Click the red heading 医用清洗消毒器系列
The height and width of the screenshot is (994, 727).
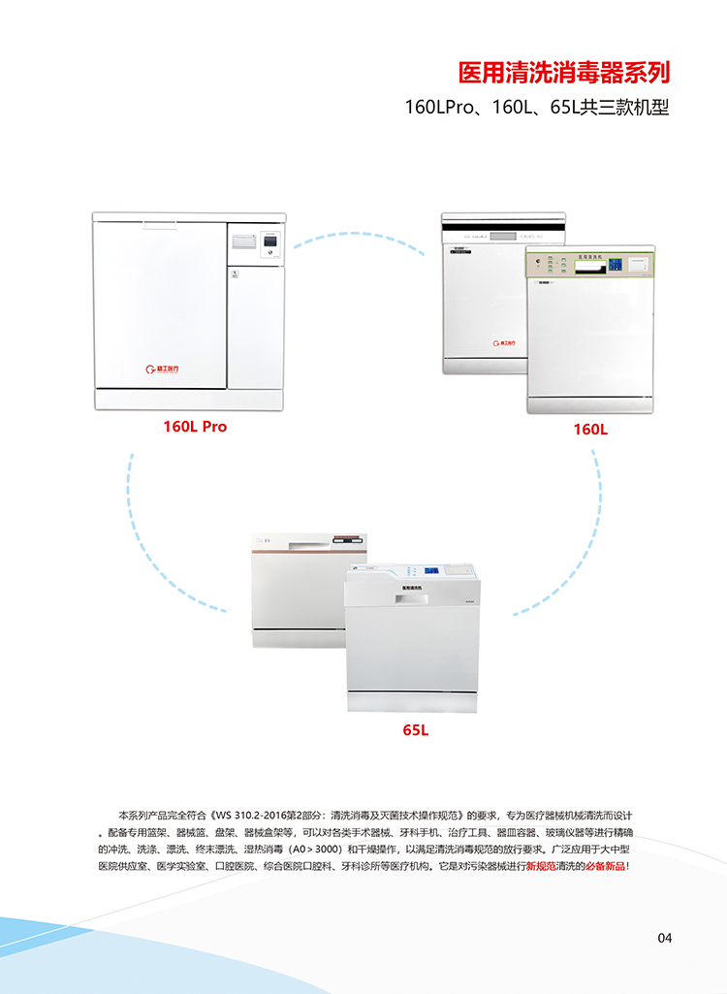tap(563, 74)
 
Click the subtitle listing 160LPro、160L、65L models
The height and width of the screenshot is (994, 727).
tap(537, 108)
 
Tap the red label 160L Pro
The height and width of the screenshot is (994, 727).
tap(195, 426)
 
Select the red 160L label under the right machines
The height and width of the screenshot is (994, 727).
tap(590, 428)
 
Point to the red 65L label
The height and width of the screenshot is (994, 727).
tap(416, 729)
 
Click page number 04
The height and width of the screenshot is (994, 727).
tap(664, 937)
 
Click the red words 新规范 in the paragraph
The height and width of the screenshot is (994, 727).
tap(542, 866)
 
